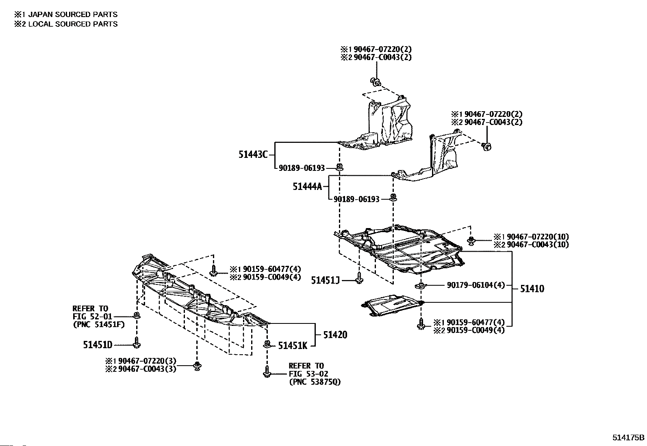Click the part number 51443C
pyautogui.click(x=253, y=155)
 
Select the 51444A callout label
pyautogui.click(x=307, y=186)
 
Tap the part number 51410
pyautogui.click(x=532, y=289)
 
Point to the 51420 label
pyautogui.click(x=335, y=335)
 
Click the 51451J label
pyautogui.click(x=325, y=280)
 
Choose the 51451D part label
pyautogui.click(x=98, y=345)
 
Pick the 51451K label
pyautogui.click(x=293, y=346)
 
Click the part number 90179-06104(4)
pyautogui.click(x=475, y=285)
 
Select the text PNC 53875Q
pyautogui.click(x=315, y=382)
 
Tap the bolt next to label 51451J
pyautogui.click(x=359, y=278)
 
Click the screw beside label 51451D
pyautogui.click(x=137, y=343)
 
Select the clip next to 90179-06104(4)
pyautogui.click(x=421, y=286)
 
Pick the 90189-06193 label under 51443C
pyautogui.click(x=302, y=168)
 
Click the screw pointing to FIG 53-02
pyautogui.click(x=267, y=372)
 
